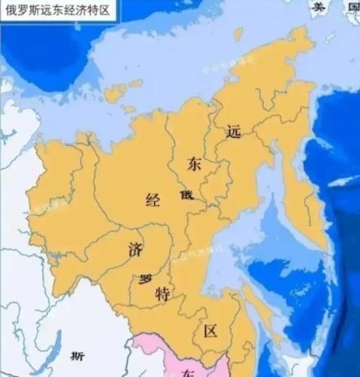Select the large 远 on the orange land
pyautogui.click(x=233, y=131)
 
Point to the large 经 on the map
pyautogui.click(x=153, y=200)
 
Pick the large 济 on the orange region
pyautogui.click(x=136, y=249)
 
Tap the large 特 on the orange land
pyautogui.click(x=162, y=293)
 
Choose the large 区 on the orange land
pyautogui.click(x=211, y=330)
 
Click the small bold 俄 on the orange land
pyautogui.click(x=186, y=195)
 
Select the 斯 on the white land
pyautogui.click(x=75, y=356)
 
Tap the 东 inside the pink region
pyautogui.click(x=189, y=371)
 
